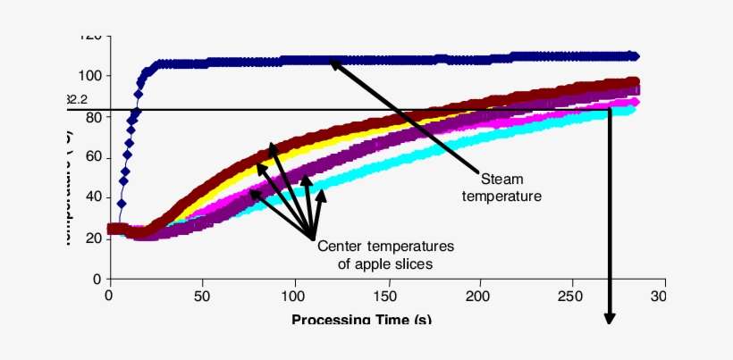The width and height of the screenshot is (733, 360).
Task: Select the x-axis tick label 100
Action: pos(294,296)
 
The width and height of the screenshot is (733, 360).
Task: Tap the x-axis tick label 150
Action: pos(387,296)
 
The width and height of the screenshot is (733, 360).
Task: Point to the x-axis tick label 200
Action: pos(479,296)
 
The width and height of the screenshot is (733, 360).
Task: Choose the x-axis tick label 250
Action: pos(572,296)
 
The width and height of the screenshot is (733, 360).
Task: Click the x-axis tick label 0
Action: pos(109,296)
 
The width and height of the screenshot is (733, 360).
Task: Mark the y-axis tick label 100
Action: pos(88,75)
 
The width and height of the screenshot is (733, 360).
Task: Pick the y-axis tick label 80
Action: pos(91,116)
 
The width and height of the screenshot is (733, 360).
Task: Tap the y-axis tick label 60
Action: pos(91,157)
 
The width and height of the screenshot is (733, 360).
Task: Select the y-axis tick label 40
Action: pos(91,197)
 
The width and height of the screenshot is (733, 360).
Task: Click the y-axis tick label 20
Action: pos(91,239)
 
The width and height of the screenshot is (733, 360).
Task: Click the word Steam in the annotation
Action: pos(501,180)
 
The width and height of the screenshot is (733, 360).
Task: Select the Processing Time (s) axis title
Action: pos(362,318)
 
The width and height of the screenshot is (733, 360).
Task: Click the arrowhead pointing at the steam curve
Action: pos(333,63)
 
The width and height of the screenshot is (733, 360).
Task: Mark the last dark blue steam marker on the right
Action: pos(634,55)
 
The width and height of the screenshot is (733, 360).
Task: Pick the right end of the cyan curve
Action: pos(634,109)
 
